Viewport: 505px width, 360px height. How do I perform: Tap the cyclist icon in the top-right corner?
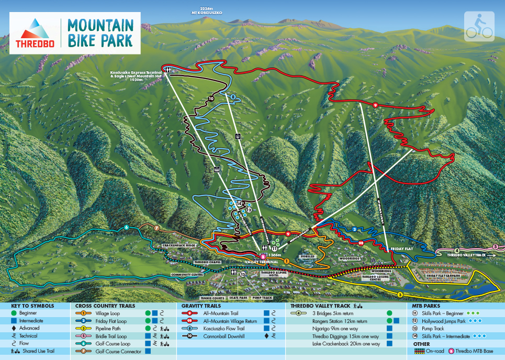click(x=479, y=26)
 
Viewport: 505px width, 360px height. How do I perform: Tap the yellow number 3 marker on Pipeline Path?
click(x=400, y=295)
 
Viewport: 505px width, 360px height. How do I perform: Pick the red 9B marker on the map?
click(x=361, y=243)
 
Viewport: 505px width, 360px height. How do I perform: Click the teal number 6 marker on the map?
click(x=126, y=227)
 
